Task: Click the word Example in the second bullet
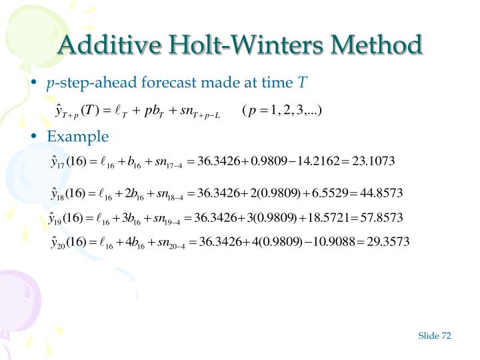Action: pyautogui.click(x=77, y=136)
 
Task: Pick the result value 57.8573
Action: pyautogui.click(x=381, y=217)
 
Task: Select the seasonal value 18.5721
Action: pyautogui.click(x=327, y=217)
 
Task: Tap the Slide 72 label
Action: pyautogui.click(x=435, y=335)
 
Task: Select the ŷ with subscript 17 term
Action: pyautogui.click(x=57, y=163)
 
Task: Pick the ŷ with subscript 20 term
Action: pyautogui.click(x=58, y=242)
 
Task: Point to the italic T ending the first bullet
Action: pyautogui.click(x=302, y=82)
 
